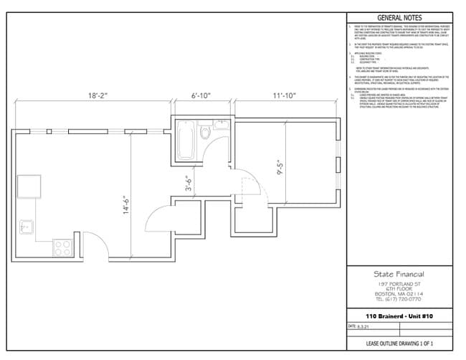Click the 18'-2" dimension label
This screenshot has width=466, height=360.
point(98,95)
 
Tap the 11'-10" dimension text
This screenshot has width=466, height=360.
point(286,95)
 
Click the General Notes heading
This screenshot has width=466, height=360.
point(399,18)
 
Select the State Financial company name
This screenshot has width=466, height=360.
point(399,274)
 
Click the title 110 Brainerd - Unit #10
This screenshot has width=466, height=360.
point(399,316)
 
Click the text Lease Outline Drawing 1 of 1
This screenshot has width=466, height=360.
point(399,344)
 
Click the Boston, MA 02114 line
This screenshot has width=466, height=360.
point(399,293)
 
